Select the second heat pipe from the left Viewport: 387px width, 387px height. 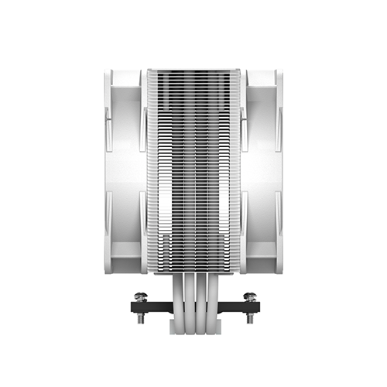186,298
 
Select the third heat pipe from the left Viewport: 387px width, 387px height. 200,298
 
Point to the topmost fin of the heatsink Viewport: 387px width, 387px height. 193,70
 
